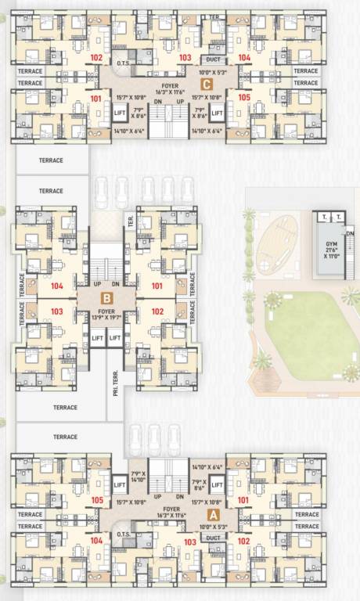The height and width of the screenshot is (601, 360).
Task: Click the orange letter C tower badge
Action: pyautogui.click(x=207, y=84)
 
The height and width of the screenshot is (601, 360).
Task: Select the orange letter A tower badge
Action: pyautogui.click(x=211, y=514)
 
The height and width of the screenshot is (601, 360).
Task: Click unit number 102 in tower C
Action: pyautogui.click(x=96, y=58)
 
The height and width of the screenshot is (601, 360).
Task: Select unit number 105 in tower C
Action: pyautogui.click(x=245, y=98)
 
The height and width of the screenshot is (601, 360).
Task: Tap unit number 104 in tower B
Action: pyautogui.click(x=56, y=286)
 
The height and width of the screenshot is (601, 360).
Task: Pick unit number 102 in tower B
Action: pyautogui.click(x=157, y=311)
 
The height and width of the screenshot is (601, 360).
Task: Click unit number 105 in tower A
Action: pyautogui.click(x=97, y=500)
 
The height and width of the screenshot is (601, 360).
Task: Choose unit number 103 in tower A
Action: pyautogui.click(x=189, y=542)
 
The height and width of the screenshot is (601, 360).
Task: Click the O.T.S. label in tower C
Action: pyautogui.click(x=122, y=64)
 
